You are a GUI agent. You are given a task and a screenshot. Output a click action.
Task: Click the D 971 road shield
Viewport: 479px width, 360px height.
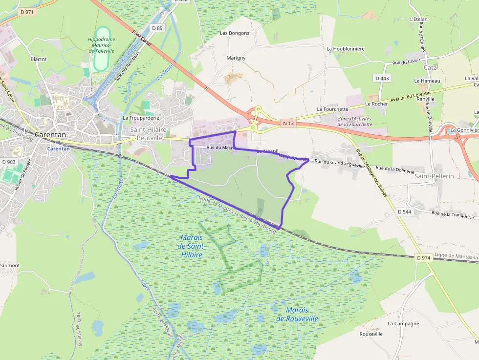pos(27,12)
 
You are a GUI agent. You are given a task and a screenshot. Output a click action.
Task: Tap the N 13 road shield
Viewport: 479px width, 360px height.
pos(288,124)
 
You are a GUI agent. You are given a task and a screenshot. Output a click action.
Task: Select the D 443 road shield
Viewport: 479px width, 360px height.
pos(383,78)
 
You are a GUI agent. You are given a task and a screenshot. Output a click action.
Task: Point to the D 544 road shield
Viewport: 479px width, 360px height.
pos(405,212)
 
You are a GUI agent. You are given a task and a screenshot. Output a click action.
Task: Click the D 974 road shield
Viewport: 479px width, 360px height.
pos(424,257)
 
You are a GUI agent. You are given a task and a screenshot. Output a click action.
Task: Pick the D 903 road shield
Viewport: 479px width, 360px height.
pos(9,162)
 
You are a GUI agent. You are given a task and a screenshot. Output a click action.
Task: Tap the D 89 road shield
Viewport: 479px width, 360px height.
pos(157,28)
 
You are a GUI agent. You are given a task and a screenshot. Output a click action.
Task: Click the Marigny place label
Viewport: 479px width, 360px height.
pos(236,58)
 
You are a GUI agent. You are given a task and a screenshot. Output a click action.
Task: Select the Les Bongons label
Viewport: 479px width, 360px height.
pos(235,33)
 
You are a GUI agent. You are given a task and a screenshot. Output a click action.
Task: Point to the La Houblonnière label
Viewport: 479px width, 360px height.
pos(346,49)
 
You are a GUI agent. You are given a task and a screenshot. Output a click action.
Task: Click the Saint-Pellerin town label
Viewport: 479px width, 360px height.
pos(435,176)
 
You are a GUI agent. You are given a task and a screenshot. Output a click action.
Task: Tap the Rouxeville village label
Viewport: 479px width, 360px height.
pos(371,334)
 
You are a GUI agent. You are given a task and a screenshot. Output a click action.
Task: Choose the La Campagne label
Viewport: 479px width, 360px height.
pos(403,323)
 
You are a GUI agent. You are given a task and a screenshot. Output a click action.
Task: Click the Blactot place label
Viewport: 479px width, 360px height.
pos(39,59)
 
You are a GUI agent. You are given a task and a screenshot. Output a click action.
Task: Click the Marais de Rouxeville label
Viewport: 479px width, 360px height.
pos(297,314)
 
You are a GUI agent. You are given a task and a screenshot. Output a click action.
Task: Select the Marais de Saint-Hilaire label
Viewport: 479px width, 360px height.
pos(191,246)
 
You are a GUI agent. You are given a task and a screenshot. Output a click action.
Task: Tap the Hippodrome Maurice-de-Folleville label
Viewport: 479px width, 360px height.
pos(101,45)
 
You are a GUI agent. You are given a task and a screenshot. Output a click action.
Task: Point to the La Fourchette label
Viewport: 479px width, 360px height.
pos(332,109)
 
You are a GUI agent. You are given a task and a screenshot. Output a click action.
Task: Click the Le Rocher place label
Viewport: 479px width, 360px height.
pos(376,104)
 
